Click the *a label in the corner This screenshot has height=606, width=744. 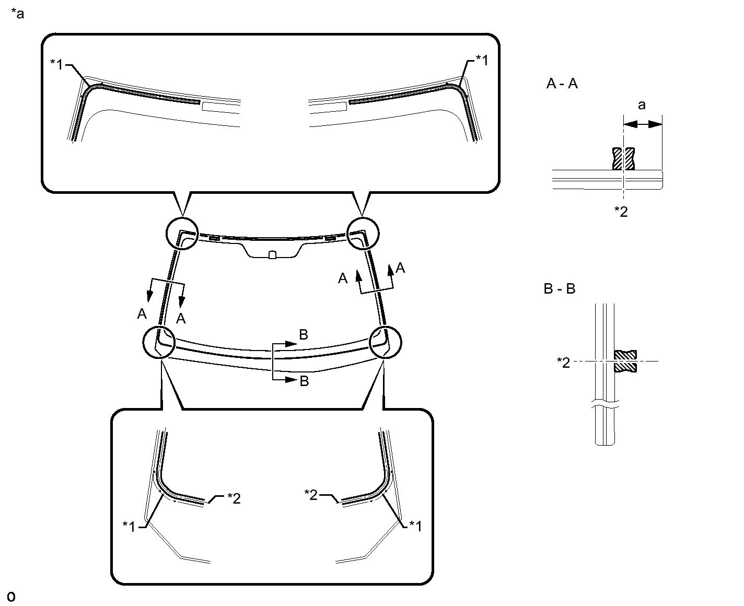click(17, 14)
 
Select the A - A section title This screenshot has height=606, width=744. click(562, 84)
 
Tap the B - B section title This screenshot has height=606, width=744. click(560, 288)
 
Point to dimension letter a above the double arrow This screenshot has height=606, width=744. click(642, 105)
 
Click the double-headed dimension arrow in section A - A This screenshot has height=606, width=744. click(643, 124)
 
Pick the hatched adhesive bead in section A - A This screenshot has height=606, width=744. click(623, 159)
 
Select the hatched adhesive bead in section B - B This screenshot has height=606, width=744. click(625, 361)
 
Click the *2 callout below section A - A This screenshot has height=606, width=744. click(621, 212)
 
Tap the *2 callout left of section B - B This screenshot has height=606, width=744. click(563, 363)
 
